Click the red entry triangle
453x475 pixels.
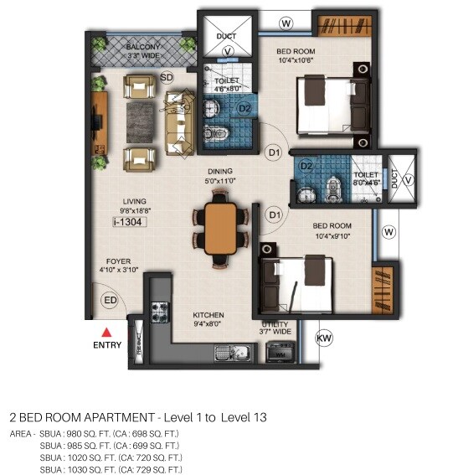click(x=106, y=333)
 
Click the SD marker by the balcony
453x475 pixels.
click(x=167, y=77)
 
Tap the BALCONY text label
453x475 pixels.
click(x=143, y=48)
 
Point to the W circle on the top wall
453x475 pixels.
click(x=286, y=23)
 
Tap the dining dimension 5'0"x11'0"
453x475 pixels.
click(x=220, y=179)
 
